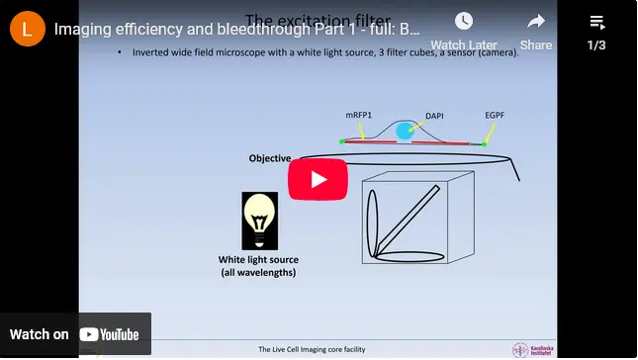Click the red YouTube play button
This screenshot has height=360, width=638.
tap(318, 179)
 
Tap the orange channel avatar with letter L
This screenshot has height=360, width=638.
tap(27, 29)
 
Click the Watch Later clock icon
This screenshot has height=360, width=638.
tap(463, 22)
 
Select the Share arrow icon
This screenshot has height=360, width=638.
tap(536, 22)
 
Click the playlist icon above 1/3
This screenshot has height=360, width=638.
tap(596, 22)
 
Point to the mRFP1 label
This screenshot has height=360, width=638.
tap(359, 116)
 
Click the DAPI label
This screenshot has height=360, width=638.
tap(434, 116)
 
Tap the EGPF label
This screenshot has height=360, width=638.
tap(496, 116)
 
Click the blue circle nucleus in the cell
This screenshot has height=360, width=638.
tap(405, 132)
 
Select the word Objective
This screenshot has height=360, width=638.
tap(270, 158)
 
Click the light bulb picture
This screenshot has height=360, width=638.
tap(259, 221)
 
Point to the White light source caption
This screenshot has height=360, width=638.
tap(258, 266)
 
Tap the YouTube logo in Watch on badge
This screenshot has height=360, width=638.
tap(110, 334)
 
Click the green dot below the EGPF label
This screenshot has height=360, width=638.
tap(485, 143)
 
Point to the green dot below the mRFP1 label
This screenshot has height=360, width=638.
tap(342, 141)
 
